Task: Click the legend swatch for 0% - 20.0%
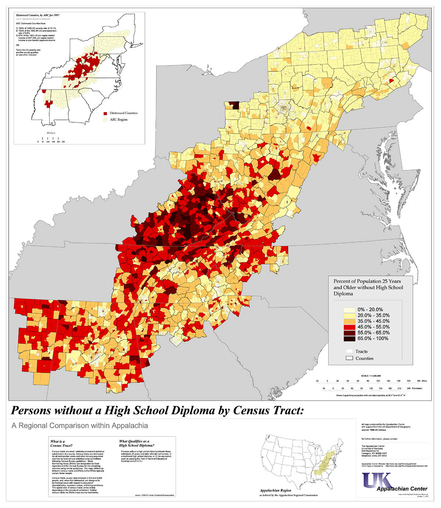(349, 310)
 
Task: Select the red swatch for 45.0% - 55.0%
(349, 327)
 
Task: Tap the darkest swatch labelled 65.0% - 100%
(349, 338)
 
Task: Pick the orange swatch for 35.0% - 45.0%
(349, 321)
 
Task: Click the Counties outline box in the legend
(349, 358)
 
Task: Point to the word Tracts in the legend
(361, 351)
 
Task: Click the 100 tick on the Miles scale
(378, 381)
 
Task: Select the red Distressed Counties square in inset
(105, 113)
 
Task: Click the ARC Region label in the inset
(118, 120)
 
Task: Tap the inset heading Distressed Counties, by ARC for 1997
(37, 15)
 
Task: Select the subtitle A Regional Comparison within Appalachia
(80, 426)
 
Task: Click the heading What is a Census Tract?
(58, 443)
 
